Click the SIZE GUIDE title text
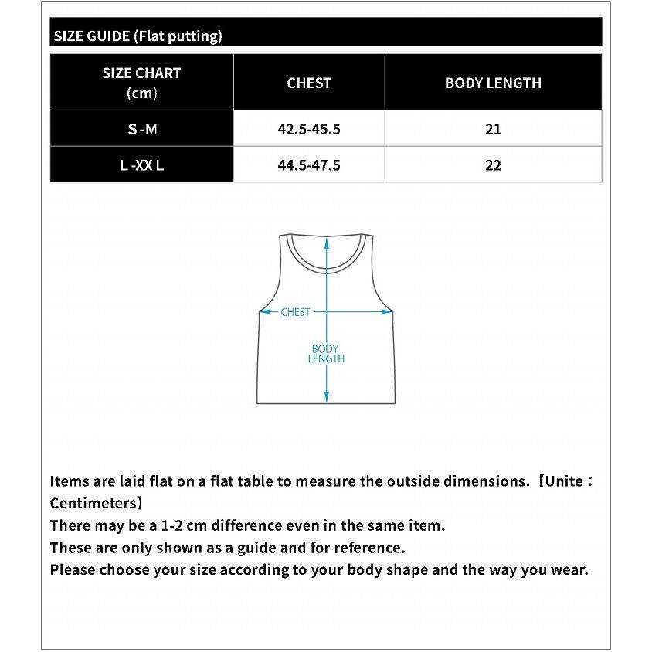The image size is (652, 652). pyautogui.click(x=138, y=36)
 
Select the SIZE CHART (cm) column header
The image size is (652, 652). pyautogui.click(x=141, y=83)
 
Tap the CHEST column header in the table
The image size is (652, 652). pyautogui.click(x=309, y=83)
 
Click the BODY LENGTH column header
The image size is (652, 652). pyautogui.click(x=493, y=83)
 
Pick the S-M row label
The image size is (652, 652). pyautogui.click(x=142, y=129)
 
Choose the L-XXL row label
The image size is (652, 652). pyautogui.click(x=142, y=165)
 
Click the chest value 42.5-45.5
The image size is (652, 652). pyautogui.click(x=309, y=129)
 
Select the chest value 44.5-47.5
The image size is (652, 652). pyautogui.click(x=309, y=165)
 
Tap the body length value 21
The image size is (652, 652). pyautogui.click(x=493, y=129)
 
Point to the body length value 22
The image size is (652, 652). pyautogui.click(x=493, y=165)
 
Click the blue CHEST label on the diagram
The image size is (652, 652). pyautogui.click(x=295, y=312)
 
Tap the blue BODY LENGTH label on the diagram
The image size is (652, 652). pyautogui.click(x=326, y=354)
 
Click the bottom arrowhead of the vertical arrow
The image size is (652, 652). pyautogui.click(x=326, y=398)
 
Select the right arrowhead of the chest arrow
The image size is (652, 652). pyautogui.click(x=389, y=312)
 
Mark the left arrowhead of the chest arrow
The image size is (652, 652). pyautogui.click(x=263, y=312)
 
